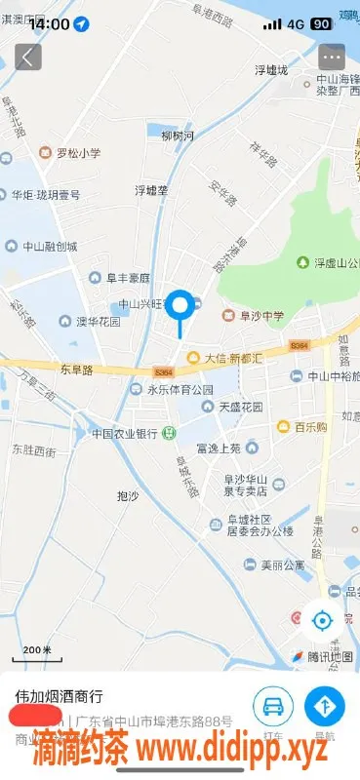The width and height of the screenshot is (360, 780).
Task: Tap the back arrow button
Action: pyautogui.click(x=28, y=57)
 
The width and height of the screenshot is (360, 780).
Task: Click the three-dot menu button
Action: pyautogui.click(x=333, y=57)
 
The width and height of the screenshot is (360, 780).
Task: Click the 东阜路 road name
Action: pyautogui.click(x=75, y=370)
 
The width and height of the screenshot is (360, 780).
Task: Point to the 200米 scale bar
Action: pyautogui.click(x=37, y=650)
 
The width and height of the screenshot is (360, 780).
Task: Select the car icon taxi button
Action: pyautogui.click(x=274, y=705)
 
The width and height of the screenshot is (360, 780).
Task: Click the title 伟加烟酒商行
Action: pyautogui.click(x=59, y=698)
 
